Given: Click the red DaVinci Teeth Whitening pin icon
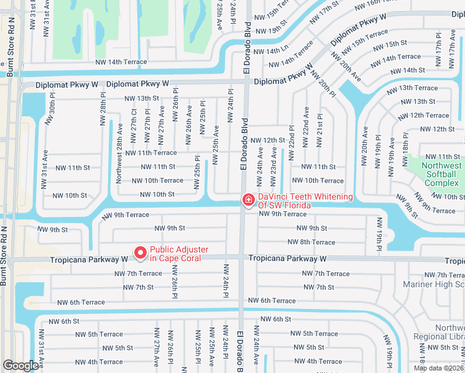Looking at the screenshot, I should click(248, 200).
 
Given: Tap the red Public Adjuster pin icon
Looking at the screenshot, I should click(140, 253).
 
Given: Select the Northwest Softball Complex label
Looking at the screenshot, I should click(442, 175).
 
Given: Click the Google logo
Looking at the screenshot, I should click(21, 366).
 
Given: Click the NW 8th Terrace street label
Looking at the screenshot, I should click(311, 242).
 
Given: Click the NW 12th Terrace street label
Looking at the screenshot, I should click(429, 116).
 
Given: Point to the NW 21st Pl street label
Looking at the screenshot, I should click(320, 131).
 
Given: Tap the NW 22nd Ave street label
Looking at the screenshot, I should click(306, 127).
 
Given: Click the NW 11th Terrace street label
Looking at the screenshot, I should click(151, 153).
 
